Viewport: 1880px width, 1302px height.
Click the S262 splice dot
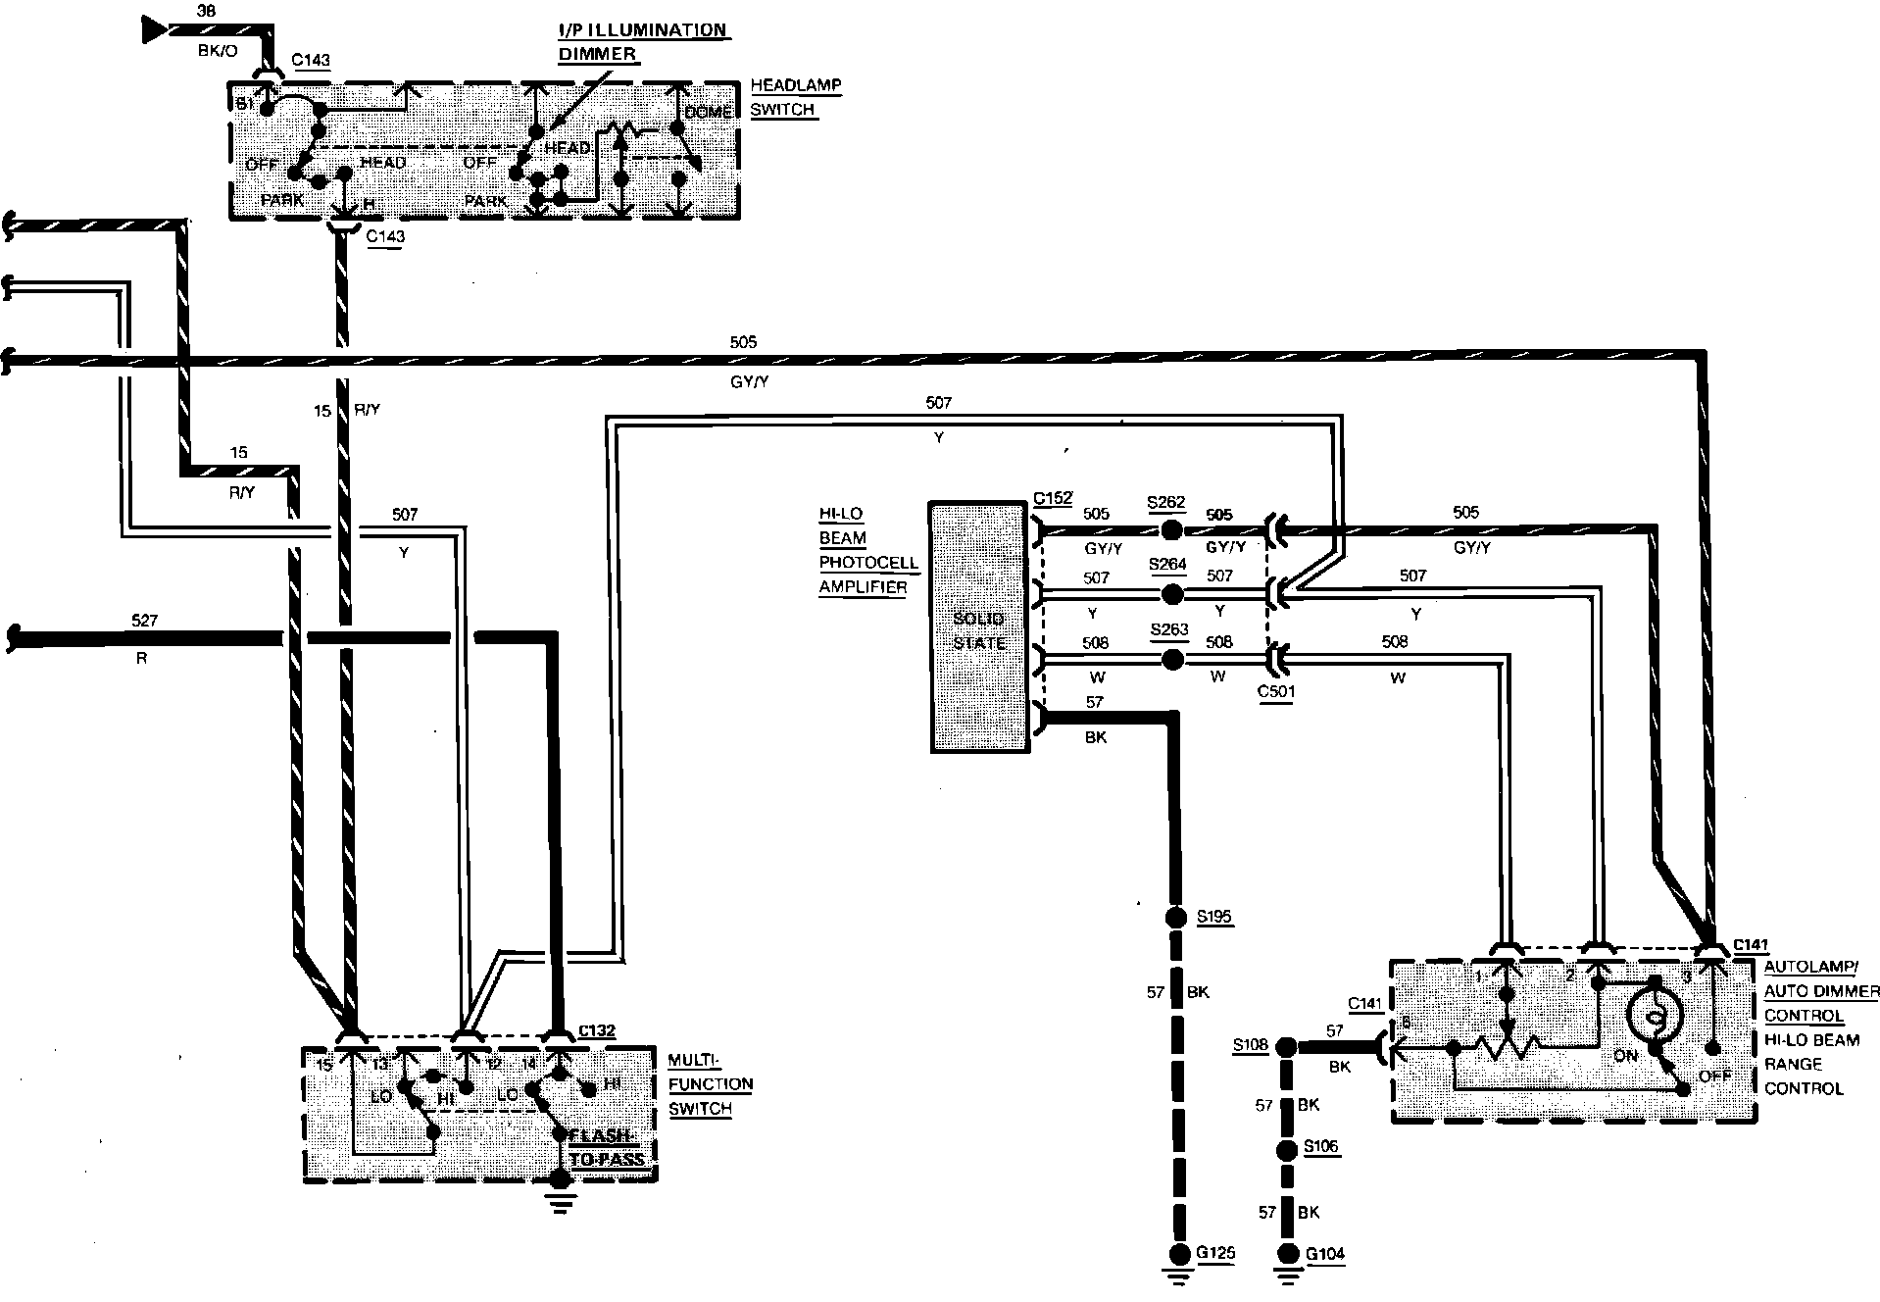coord(1169,530)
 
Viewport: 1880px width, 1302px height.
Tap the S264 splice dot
coord(1169,594)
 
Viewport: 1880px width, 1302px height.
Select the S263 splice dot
coord(1169,659)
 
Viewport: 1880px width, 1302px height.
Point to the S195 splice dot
coord(1174,918)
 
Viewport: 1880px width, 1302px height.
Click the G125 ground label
coord(1215,1253)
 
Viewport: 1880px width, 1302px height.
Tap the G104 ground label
coord(1325,1253)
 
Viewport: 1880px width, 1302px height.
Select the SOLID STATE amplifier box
coord(979,628)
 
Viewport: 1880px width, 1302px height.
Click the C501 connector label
coord(1275,691)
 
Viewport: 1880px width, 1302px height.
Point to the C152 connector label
coord(1053,498)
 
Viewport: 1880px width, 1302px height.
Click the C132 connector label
coord(596,1030)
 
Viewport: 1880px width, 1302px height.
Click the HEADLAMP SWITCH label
coord(795,97)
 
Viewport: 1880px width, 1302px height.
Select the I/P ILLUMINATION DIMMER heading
coord(642,42)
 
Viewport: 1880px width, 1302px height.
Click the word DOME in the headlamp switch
coord(708,113)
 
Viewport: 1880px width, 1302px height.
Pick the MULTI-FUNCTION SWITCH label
coord(710,1084)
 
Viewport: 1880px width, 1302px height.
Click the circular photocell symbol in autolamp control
coord(1655,1020)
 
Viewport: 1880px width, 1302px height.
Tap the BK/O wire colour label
coord(218,50)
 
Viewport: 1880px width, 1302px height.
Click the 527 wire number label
coord(143,621)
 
